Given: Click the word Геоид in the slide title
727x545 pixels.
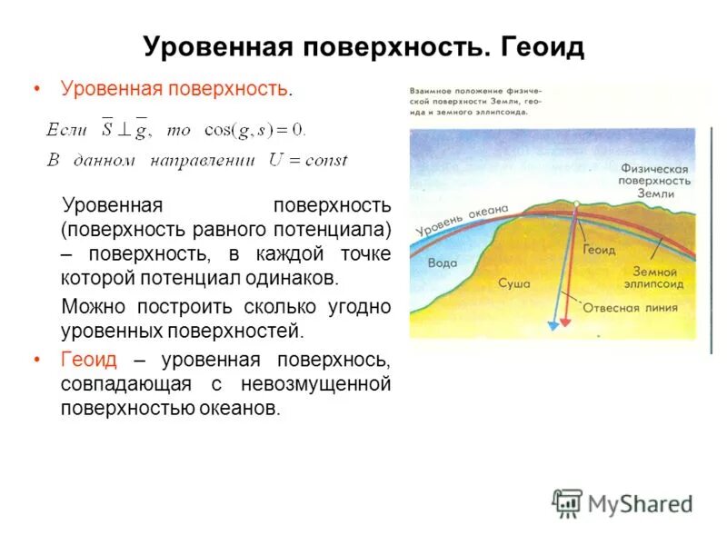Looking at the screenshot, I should tap(541, 47).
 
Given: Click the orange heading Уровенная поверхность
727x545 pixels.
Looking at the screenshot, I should tap(174, 89).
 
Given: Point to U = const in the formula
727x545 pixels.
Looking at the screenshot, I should tap(307, 161).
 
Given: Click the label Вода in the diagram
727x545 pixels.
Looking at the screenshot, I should tap(443, 262).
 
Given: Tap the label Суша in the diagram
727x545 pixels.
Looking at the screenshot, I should tap(513, 282).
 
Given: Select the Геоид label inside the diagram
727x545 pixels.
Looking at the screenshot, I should tap(599, 249).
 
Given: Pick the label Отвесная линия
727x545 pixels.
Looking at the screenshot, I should tap(630, 307).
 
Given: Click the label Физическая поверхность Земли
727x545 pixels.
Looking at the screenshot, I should tap(655, 181).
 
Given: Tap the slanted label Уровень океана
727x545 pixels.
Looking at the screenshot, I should tap(461, 220).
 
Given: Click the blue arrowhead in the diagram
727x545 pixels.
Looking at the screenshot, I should tap(551, 322).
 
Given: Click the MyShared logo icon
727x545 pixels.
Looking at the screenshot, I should tap(567, 502).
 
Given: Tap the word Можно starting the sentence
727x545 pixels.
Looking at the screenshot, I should tap(91, 307).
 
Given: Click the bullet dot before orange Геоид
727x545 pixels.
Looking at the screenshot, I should tap(37, 360).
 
